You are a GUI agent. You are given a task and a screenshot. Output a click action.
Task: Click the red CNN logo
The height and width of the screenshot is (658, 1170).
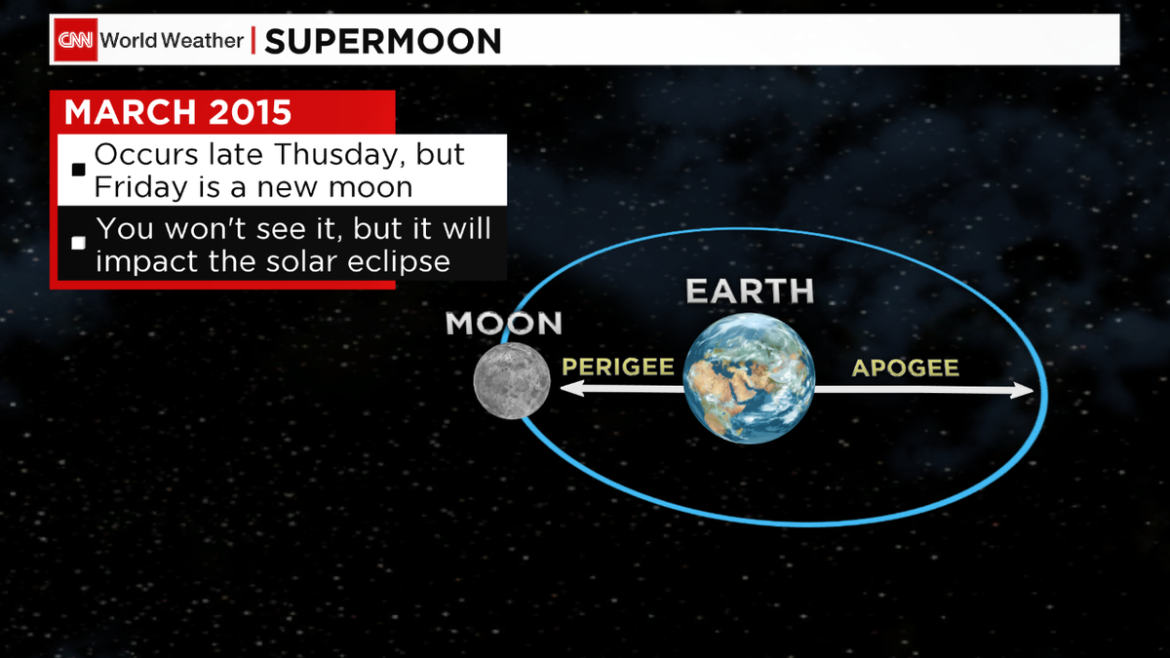pos(75,41)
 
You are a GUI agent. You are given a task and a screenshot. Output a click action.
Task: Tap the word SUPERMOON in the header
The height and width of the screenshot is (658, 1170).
pos(383,41)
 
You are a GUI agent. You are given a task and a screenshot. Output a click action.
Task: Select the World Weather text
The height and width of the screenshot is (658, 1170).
pos(172,41)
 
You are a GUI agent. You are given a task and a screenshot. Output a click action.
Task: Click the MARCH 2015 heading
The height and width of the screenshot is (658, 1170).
pos(178,112)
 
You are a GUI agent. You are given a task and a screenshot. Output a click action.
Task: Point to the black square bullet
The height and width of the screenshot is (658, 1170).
pos(79,171)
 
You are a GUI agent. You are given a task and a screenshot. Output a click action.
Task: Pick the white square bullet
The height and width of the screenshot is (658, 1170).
pos(79,243)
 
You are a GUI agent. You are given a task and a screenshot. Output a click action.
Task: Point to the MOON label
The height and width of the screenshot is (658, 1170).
pos(503,324)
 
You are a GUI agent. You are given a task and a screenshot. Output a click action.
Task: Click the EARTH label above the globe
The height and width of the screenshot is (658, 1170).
pos(749,290)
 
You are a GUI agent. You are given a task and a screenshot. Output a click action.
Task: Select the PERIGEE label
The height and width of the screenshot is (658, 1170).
pos(618,368)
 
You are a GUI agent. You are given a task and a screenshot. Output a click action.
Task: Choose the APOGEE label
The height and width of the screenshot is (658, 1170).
pos(905,368)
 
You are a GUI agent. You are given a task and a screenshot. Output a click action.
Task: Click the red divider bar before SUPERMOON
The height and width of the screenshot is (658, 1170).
pos(253,41)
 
